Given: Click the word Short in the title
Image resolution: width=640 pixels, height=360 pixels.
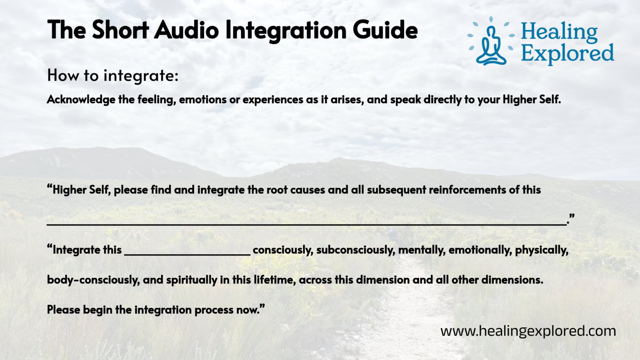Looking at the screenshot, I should tap(120, 30).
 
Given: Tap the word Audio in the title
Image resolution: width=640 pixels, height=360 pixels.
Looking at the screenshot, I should tap(187, 30).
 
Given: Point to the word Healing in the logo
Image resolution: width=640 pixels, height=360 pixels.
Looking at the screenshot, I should tap(559, 32).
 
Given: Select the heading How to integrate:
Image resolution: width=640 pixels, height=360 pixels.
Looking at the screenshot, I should tap(113, 76).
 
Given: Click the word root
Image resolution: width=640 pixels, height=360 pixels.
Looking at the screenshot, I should tap(278, 190).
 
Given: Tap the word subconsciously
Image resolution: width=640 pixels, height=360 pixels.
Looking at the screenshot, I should tap(355, 250).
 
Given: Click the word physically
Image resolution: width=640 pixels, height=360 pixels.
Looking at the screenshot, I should tap(541, 250).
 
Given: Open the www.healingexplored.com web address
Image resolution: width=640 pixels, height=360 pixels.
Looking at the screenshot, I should tap(528, 331).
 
